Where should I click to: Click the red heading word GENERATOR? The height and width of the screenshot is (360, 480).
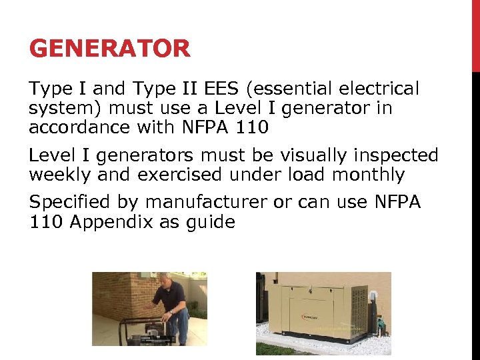click(x=109, y=49)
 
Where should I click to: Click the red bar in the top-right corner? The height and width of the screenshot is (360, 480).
click(x=475, y=33)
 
